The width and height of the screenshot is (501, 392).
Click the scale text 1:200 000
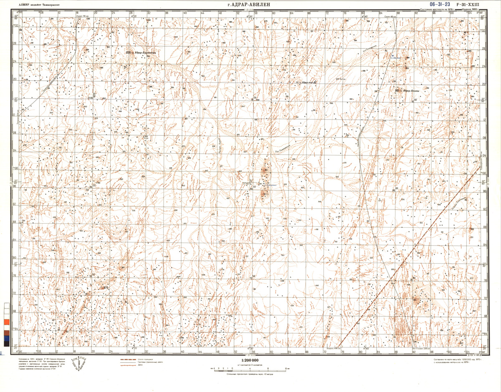(250, 360)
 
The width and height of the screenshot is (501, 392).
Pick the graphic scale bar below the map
(250, 369)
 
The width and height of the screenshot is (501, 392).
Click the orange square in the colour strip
(6, 322)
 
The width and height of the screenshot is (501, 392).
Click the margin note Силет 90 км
(83, 16)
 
